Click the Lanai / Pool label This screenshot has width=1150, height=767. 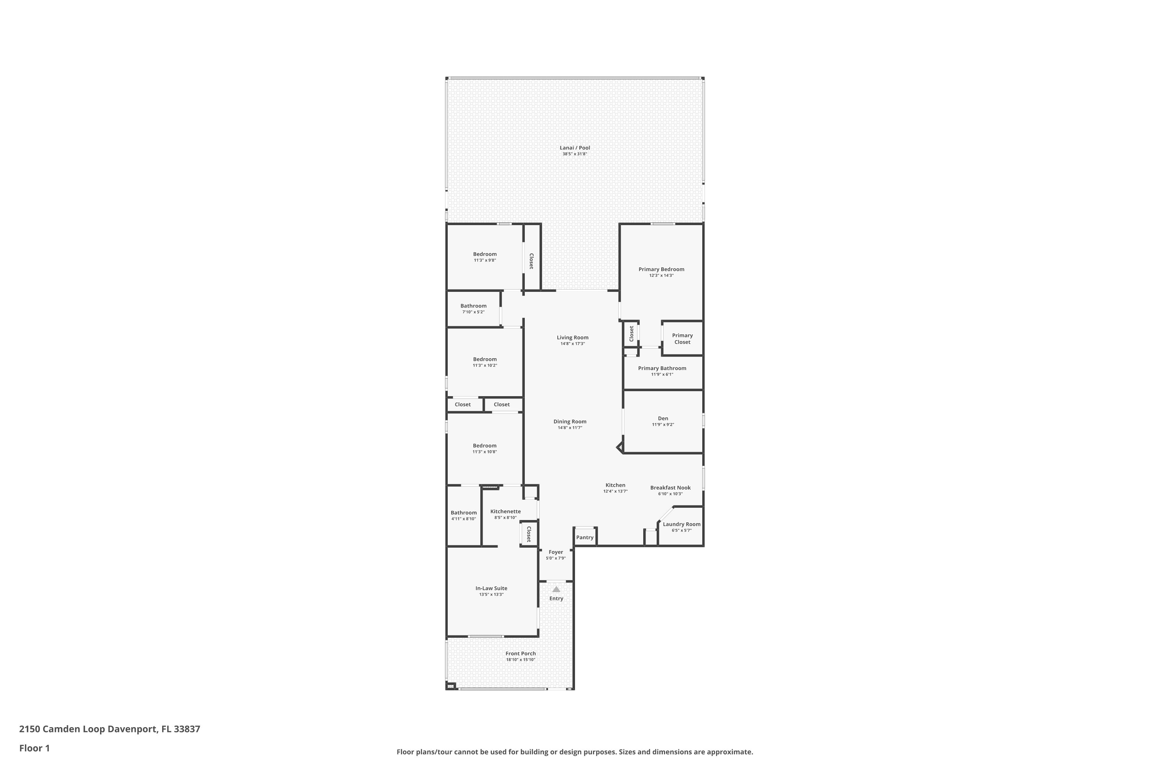pyautogui.click(x=575, y=148)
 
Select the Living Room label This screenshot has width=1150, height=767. pyautogui.click(x=573, y=337)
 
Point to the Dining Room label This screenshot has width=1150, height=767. pyautogui.click(x=570, y=421)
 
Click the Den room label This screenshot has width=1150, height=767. pyautogui.click(x=663, y=418)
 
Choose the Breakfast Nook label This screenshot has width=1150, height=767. pyautogui.click(x=670, y=488)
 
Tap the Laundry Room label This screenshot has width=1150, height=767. pyautogui.click(x=682, y=524)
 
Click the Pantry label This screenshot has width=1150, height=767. pyautogui.click(x=585, y=538)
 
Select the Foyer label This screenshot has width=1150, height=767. pyautogui.click(x=556, y=552)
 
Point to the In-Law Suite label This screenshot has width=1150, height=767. pyautogui.click(x=491, y=588)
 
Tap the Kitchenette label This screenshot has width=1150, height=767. pyautogui.click(x=506, y=512)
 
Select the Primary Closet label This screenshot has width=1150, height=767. pyautogui.click(x=683, y=339)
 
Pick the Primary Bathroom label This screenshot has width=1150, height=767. pyautogui.click(x=662, y=368)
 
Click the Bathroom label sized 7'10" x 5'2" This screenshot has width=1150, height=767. pyautogui.click(x=473, y=306)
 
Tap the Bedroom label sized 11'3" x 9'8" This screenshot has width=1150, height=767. pyautogui.click(x=485, y=254)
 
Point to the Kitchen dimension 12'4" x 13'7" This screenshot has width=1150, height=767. pyautogui.click(x=615, y=492)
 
